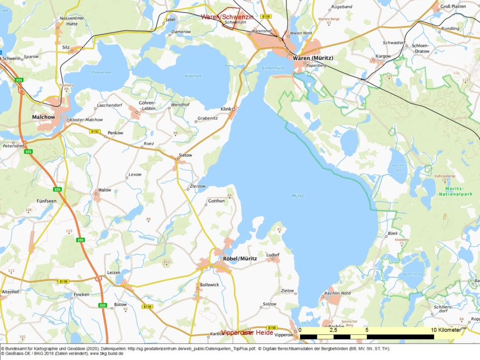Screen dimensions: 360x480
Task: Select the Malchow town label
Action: [x=43, y=116]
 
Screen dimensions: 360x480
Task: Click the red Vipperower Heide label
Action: [x=247, y=332]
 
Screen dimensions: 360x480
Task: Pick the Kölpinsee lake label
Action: [x=193, y=76]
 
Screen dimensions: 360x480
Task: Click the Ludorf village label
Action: [x=273, y=254]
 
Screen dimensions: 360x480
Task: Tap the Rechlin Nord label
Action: [x=337, y=293]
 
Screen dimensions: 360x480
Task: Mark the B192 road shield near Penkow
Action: [x=95, y=130]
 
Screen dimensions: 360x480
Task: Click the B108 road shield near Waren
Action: [x=266, y=17]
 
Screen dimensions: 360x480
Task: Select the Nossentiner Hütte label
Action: [x=71, y=21]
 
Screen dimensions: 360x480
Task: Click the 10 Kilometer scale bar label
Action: [x=446, y=330]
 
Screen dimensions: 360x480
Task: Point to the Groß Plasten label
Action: [x=453, y=6]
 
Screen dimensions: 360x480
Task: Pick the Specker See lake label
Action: [x=397, y=167]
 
